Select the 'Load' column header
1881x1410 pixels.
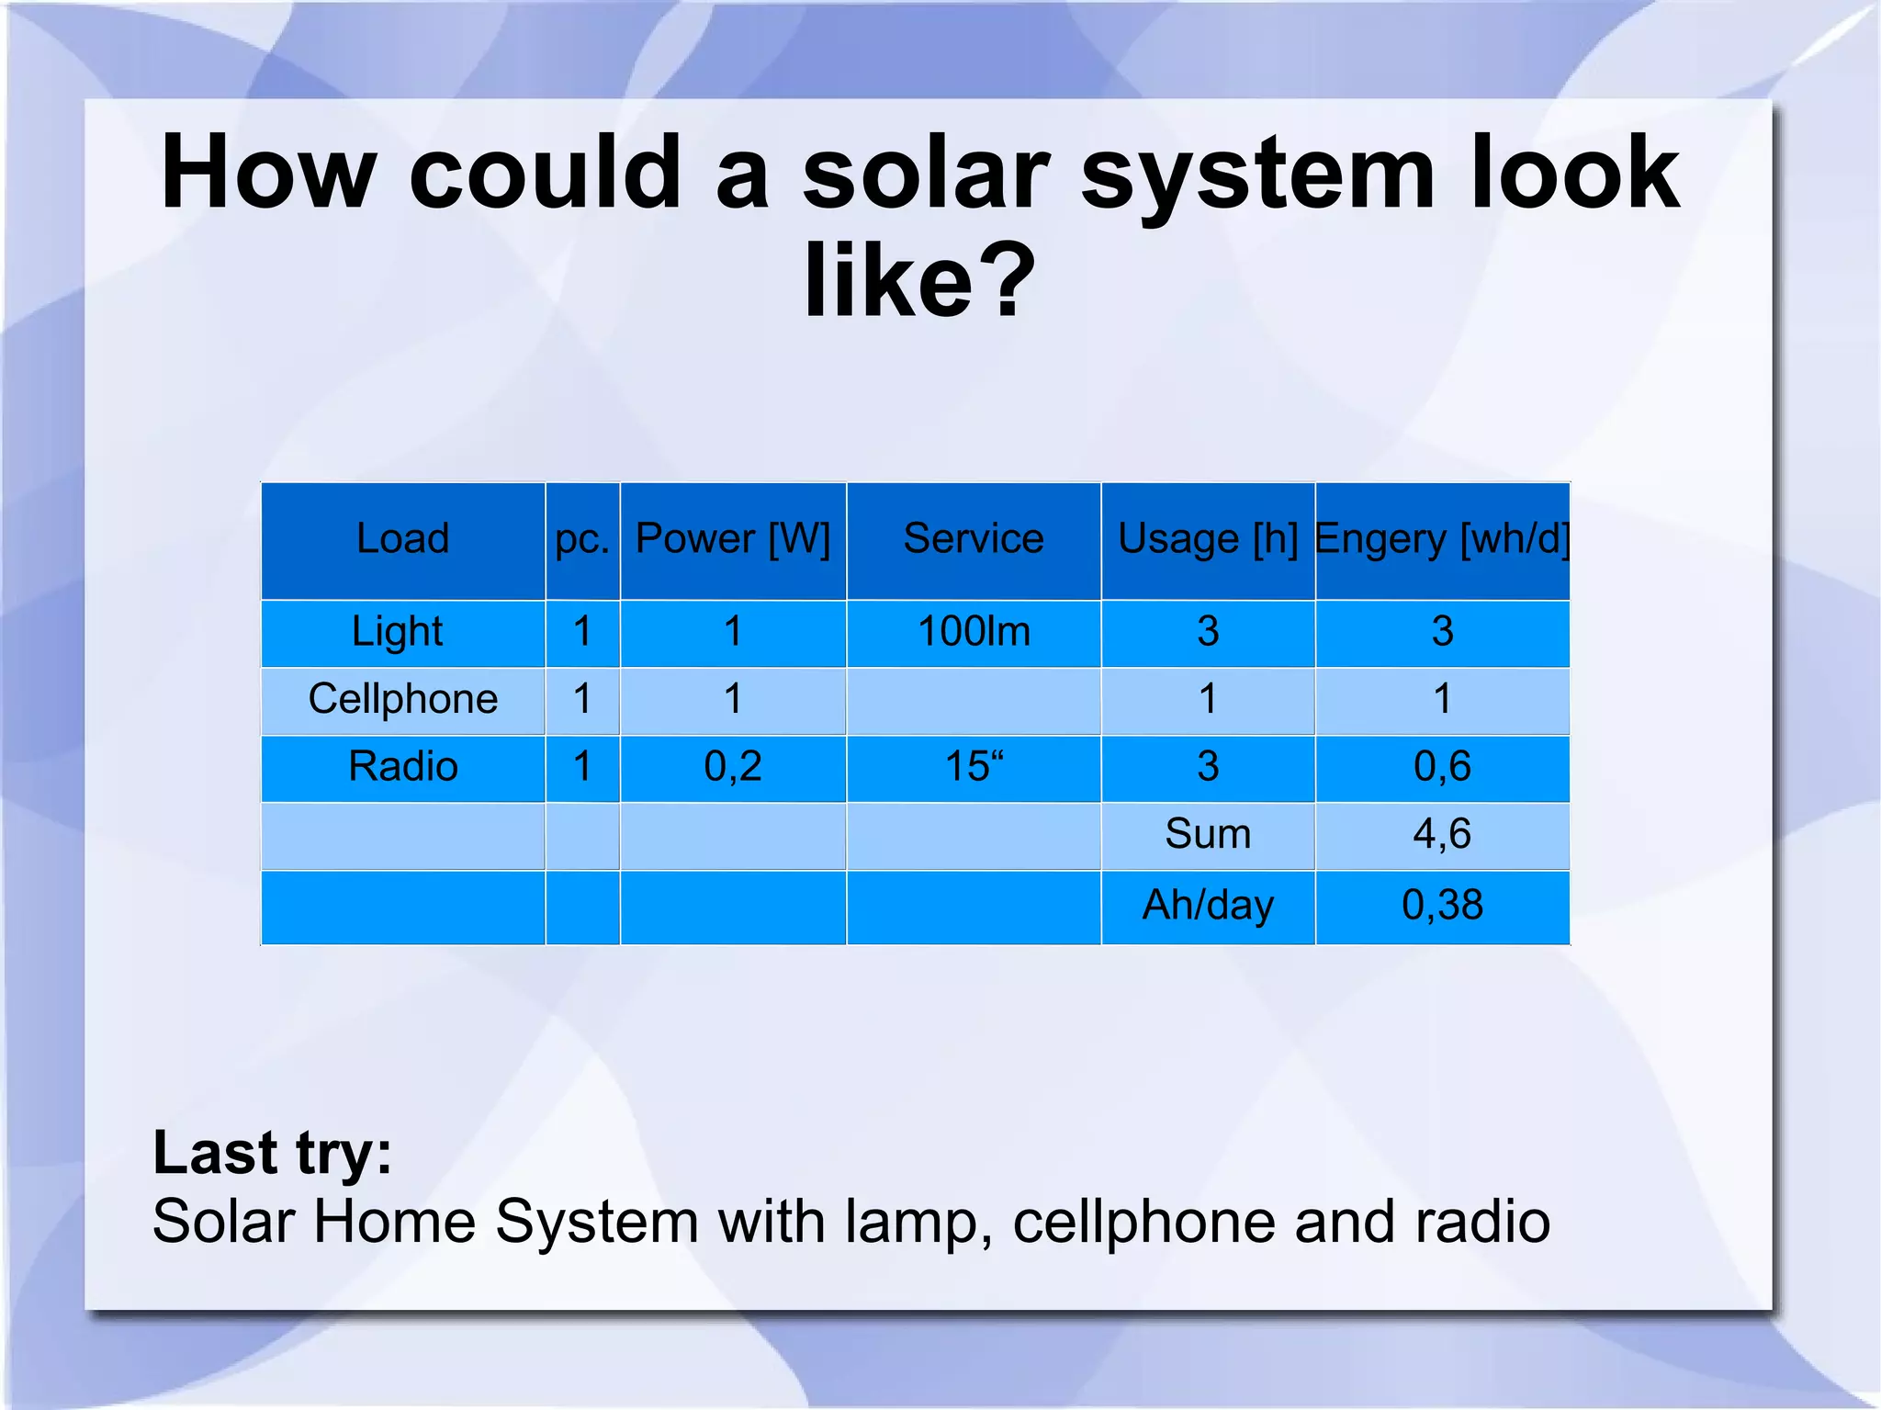click(x=402, y=538)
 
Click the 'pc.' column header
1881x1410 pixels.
click(x=582, y=538)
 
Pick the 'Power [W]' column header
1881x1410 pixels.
click(x=732, y=538)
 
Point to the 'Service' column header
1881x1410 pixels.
click(x=974, y=538)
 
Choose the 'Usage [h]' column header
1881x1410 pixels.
click(x=1208, y=538)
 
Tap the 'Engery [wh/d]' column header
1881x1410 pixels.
click(x=1442, y=538)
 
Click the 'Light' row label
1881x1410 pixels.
click(x=398, y=632)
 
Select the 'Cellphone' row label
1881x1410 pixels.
click(x=402, y=699)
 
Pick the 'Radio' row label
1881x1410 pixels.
click(x=402, y=766)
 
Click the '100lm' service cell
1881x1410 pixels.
click(x=974, y=632)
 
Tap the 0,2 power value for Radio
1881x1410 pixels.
click(x=732, y=766)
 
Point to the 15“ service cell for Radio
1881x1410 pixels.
click(x=974, y=766)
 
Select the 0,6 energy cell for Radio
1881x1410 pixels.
click(x=1442, y=766)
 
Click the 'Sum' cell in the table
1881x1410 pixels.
click(x=1208, y=834)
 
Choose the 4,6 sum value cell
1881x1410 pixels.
click(x=1442, y=834)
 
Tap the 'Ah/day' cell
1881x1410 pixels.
click(x=1208, y=905)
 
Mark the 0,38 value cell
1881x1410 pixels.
click(x=1442, y=905)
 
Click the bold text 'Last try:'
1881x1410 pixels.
click(x=272, y=1152)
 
